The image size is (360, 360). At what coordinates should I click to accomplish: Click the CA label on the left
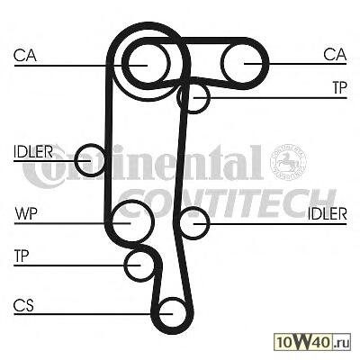[x=25, y=56]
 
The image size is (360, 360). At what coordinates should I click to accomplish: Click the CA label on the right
[x=335, y=55]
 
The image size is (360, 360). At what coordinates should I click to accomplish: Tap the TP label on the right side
[x=339, y=87]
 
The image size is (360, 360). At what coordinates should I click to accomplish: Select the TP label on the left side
[x=22, y=256]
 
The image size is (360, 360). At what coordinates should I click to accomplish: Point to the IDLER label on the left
[x=33, y=152]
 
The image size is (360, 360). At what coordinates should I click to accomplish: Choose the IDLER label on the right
[x=328, y=214]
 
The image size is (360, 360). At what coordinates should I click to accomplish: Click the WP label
[x=26, y=214]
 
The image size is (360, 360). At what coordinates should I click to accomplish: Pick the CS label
[x=23, y=305]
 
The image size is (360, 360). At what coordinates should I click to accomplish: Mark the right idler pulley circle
[x=193, y=209]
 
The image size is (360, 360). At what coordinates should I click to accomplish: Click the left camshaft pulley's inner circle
[x=147, y=46]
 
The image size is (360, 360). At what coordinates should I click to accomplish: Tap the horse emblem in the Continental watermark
[x=288, y=161]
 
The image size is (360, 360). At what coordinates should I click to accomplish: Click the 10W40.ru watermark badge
[x=312, y=342]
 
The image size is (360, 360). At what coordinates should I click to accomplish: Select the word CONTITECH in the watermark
[x=228, y=203]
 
